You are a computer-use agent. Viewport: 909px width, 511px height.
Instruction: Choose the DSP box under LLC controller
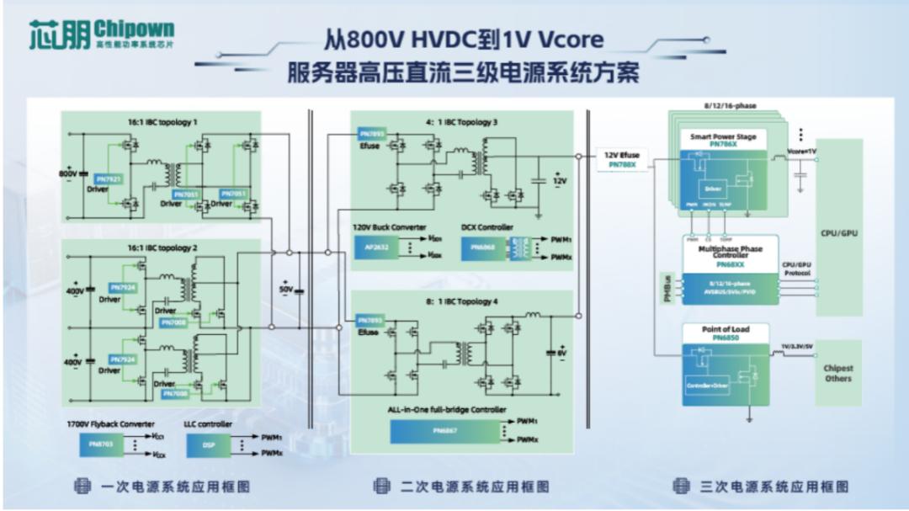click(208, 445)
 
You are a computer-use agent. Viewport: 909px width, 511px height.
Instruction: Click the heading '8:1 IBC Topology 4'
click(461, 301)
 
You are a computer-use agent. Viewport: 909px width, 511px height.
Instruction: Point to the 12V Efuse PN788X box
click(623, 160)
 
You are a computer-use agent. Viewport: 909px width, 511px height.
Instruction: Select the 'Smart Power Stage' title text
click(722, 136)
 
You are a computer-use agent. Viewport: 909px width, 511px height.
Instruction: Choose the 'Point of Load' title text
click(725, 329)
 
